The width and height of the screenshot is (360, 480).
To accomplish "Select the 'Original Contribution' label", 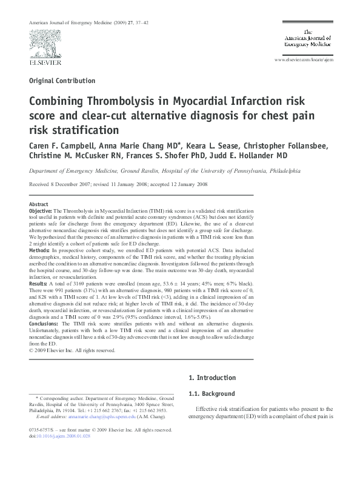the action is [62, 81].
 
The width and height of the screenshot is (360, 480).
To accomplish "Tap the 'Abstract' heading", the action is [39, 204].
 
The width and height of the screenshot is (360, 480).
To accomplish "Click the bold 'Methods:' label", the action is [39, 248].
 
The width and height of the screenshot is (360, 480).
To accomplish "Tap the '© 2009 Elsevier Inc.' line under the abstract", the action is [72, 350].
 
